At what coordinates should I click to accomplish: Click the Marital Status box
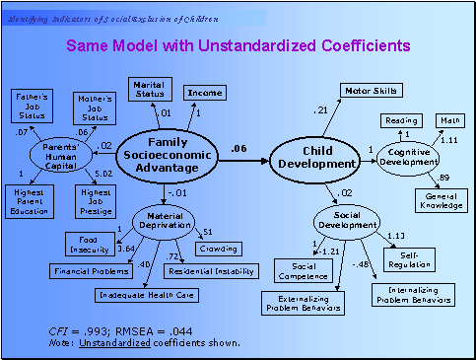150,89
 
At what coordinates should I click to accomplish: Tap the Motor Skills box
371,91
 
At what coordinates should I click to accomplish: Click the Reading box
401,120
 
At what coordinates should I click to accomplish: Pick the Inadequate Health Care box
144,294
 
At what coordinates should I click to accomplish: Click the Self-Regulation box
428,257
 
